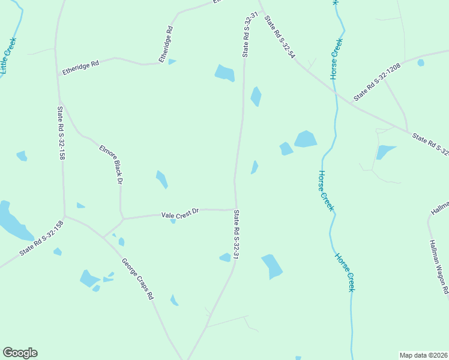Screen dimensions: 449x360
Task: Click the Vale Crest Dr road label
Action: pos(180,214)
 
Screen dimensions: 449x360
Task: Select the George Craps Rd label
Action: pos(138,279)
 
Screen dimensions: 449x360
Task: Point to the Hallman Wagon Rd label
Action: pos(439,266)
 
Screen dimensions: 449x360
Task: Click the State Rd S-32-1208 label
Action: pos(377,82)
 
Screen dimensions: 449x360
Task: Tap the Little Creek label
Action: pos(8,56)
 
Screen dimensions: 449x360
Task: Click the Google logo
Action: pos(20,353)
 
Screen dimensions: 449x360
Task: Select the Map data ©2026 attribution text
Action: pos(423,355)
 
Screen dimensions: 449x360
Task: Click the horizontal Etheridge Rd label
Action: pos(80,67)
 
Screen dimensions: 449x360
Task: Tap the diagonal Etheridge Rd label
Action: pos(166,44)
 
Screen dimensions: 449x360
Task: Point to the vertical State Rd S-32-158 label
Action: pos(61,133)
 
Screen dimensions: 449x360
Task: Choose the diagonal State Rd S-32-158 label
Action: pos(41,239)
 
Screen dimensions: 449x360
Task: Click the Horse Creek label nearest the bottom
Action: pos(345,272)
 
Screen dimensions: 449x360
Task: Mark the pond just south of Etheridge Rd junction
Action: pos(224,73)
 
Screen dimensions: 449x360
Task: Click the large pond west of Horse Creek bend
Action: pos(305,139)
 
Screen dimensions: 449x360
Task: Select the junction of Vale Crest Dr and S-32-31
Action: pos(235,209)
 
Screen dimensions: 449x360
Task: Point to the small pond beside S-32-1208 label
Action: pos(421,62)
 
